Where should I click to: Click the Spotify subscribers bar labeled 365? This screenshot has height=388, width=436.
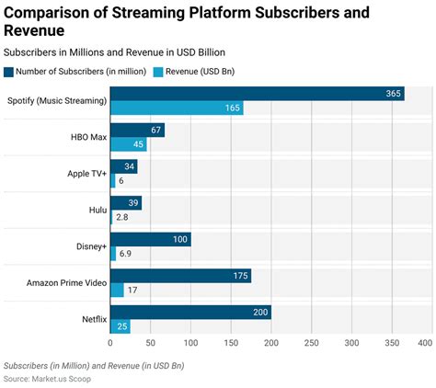coord(258,94)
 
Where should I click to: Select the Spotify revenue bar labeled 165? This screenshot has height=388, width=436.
coord(177,108)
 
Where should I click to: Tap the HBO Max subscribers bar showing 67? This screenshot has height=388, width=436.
coord(137,130)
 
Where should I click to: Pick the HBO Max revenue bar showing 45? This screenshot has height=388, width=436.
coord(129,144)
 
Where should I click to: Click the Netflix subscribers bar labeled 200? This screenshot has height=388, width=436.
coord(190,312)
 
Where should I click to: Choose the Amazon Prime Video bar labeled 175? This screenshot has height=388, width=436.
coord(180,276)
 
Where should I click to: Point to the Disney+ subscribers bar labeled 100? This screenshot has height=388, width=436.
coord(151,239)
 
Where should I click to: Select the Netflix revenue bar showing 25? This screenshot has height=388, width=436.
coord(120,326)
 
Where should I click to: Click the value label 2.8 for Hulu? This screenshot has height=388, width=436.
coord(122,217)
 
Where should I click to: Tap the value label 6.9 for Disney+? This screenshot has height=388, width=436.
coord(125,254)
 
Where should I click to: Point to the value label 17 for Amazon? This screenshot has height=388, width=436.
coord(132,290)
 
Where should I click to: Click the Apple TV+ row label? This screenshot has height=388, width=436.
coord(87,174)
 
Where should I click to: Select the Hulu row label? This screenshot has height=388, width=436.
coord(98,210)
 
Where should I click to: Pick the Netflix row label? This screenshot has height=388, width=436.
coord(95,319)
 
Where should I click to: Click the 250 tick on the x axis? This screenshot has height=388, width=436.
coord(312,343)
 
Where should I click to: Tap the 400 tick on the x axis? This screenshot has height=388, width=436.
coord(425,343)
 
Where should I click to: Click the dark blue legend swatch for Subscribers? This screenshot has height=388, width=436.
coord(8,72)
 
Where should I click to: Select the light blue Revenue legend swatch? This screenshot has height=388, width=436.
coord(158,72)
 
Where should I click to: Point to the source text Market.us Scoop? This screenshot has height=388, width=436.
coord(62,379)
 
